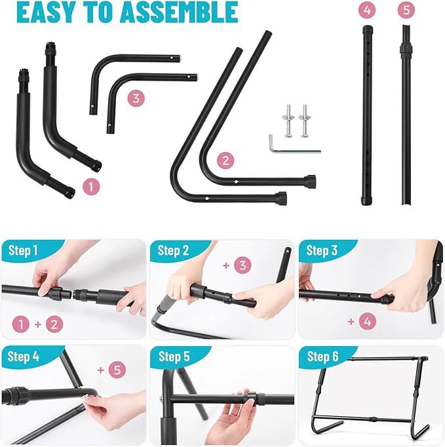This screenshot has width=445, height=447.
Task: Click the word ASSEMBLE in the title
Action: click(x=179, y=12)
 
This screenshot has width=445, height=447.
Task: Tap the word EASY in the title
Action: click(x=47, y=12)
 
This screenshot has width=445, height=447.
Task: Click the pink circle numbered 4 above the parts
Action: click(x=367, y=10)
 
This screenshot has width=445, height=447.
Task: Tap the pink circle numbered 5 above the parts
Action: click(x=406, y=10)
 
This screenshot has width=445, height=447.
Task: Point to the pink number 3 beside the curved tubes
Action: click(x=136, y=98)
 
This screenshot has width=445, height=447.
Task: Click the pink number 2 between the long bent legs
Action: click(x=225, y=161)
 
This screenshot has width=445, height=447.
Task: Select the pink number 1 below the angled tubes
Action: click(x=91, y=187)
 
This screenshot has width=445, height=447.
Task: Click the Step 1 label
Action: click(x=23, y=250)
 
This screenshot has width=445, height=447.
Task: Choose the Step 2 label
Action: click(x=173, y=250)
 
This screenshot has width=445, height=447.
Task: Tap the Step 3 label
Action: click(x=322, y=250)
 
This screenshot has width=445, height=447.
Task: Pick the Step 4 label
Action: click(x=24, y=357)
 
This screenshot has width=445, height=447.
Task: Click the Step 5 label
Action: click(x=174, y=357)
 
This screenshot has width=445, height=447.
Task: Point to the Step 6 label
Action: click(x=322, y=357)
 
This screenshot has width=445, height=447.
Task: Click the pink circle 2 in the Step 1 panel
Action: click(x=54, y=324)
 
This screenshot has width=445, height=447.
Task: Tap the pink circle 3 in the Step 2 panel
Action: click(x=242, y=265)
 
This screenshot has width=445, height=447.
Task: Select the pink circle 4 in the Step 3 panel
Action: click(x=368, y=321)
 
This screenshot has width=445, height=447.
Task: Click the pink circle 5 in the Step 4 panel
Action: click(x=117, y=370)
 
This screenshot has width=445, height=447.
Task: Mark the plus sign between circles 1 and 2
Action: click(x=38, y=324)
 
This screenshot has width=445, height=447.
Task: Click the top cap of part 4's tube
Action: click(x=368, y=29)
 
